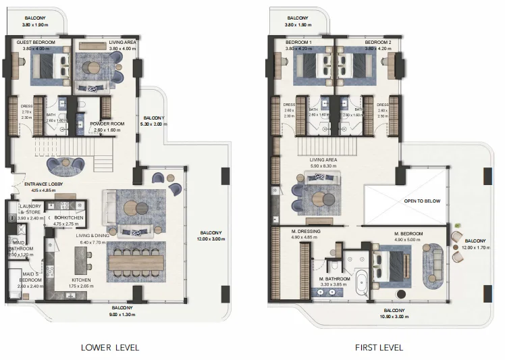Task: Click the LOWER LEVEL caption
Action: pos(109,348)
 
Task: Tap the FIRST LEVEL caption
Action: pos(379,348)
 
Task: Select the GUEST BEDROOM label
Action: pos(35,42)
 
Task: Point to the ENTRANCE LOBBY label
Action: pos(43,184)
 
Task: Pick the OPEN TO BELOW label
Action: pos(423,200)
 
